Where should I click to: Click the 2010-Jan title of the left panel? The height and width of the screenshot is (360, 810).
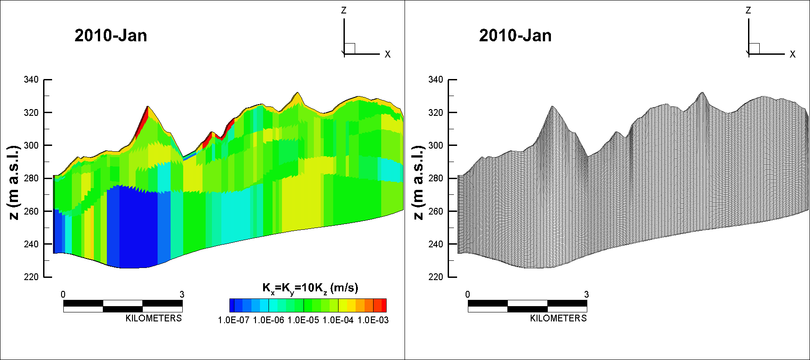[111, 35]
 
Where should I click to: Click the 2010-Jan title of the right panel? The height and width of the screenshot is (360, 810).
[515, 35]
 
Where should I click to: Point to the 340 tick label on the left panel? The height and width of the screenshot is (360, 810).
[31, 80]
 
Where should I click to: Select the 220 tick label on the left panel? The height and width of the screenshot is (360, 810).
[31, 277]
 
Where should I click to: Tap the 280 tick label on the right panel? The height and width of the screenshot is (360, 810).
[436, 178]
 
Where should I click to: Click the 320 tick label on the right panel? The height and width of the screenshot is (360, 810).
[436, 113]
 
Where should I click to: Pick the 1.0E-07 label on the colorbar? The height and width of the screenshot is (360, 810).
[233, 320]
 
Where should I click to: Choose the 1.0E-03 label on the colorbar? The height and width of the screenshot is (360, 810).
[373, 320]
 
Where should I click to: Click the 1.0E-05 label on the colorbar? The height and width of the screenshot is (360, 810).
[303, 320]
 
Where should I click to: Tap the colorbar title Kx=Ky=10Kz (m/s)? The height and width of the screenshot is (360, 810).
[310, 289]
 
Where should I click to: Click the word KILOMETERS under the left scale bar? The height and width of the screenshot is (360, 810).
[154, 318]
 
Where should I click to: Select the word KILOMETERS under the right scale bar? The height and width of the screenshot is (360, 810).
[558, 318]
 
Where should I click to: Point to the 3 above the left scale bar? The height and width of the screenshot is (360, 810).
[182, 294]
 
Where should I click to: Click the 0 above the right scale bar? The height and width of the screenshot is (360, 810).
[467, 294]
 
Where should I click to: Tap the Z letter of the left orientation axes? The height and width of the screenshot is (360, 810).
[344, 10]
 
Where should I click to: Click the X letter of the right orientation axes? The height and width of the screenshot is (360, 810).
[792, 54]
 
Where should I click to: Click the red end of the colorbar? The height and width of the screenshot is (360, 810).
[384, 305]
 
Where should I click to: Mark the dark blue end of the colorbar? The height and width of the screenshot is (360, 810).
[232, 305]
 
